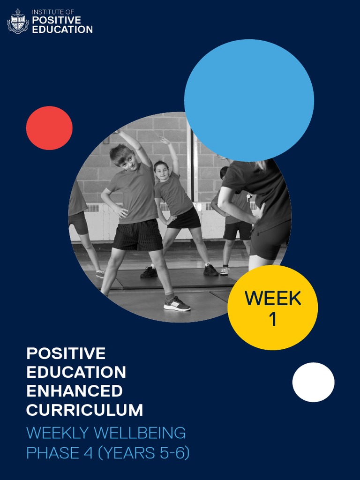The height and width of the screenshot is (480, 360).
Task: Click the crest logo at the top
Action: (18, 21)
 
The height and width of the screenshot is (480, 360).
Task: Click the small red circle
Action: (49, 128)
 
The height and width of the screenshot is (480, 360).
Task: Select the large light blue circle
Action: (249, 100)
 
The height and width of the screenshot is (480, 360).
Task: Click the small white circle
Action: (313, 382)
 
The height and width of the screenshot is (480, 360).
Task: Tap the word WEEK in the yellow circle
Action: (273, 298)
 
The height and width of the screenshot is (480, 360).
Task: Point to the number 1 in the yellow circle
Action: (272, 320)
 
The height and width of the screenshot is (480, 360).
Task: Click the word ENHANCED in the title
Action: (75, 391)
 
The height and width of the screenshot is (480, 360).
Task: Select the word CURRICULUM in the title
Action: (84, 410)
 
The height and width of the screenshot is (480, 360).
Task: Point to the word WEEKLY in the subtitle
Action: (58, 432)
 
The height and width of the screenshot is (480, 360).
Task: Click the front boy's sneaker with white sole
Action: (177, 305)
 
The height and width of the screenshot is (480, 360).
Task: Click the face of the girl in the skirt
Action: (161, 171)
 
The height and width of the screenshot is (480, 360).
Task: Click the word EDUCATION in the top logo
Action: (62, 29)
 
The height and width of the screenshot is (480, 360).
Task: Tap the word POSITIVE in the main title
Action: (66, 353)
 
